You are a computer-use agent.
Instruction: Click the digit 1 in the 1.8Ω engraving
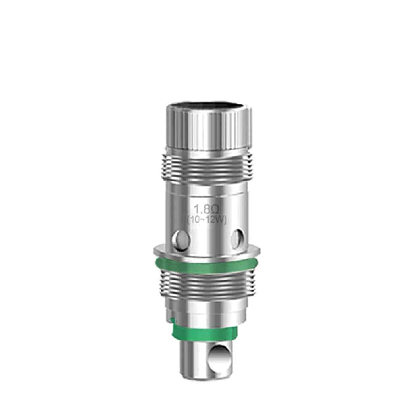point(197,210)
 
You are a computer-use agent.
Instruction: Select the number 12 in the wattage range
point(210,219)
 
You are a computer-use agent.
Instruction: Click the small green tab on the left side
point(172,321)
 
